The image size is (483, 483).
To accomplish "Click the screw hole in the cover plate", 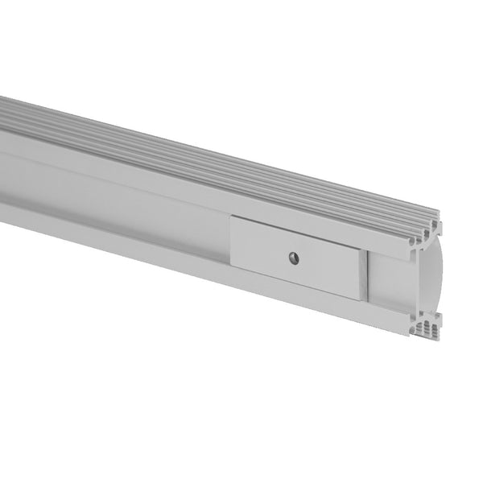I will click(294, 258).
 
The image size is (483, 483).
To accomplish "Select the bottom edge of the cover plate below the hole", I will click(294, 283).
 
